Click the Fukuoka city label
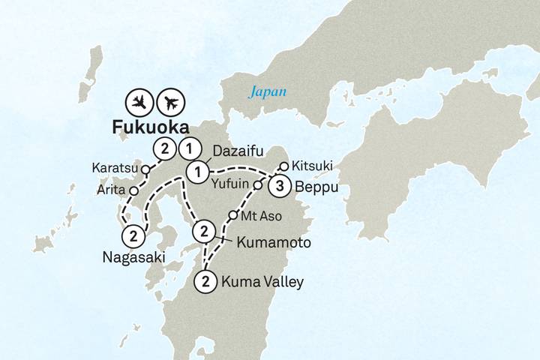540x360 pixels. tap(150, 127)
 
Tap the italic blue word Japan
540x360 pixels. tap(268, 93)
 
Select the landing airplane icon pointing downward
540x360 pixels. tap(139, 101)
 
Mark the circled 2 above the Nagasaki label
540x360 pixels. tap(133, 235)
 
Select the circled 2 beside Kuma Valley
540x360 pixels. tap(204, 282)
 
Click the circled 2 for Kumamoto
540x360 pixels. tap(203, 232)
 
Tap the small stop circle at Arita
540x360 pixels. tap(133, 191)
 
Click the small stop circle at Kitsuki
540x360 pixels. tap(283, 166)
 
